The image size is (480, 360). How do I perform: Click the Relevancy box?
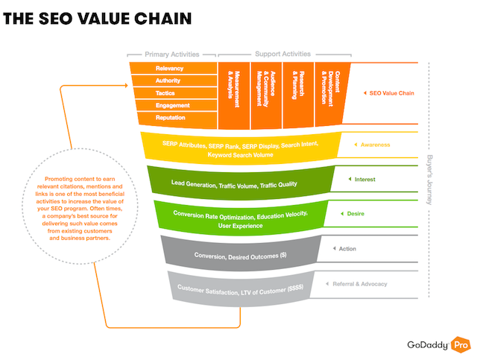pos(173,68)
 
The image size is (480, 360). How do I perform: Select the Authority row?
pos(174,80)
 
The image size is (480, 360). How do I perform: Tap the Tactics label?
pos(165,93)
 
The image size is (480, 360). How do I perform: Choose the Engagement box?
pos(176,105)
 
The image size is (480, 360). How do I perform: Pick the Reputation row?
pos(177,118)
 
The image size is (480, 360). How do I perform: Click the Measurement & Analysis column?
pos(234,95)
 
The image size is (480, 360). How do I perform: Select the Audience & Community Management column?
pos(266,95)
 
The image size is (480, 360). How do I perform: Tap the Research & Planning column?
pos(298,95)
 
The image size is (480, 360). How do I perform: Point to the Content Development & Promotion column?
pos(332,94)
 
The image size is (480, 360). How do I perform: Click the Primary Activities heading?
pos(172,54)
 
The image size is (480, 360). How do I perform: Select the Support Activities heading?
pos(283,54)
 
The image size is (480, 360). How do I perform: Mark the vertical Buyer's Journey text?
pos(429,180)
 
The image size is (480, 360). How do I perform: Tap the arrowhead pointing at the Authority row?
pos(126,86)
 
